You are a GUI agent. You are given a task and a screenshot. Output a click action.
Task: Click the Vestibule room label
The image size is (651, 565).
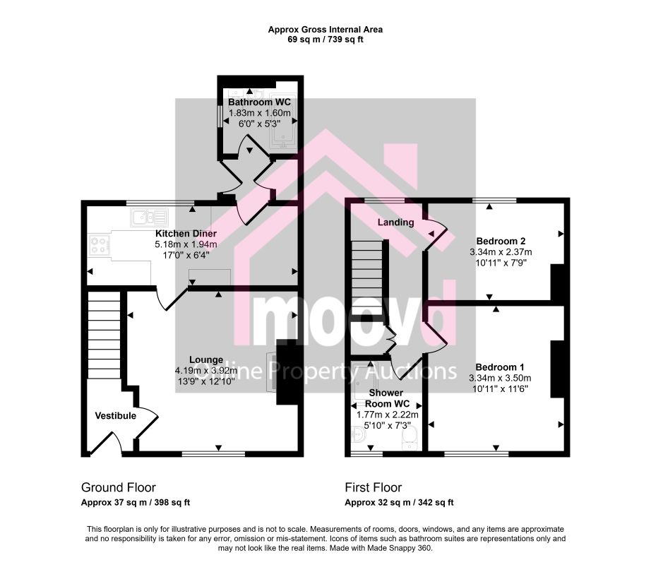pyautogui.click(x=115, y=415)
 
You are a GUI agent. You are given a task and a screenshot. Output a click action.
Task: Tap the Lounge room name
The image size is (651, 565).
pyautogui.click(x=206, y=360)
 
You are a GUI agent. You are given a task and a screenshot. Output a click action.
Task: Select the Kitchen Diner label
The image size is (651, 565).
pyautogui.click(x=186, y=234)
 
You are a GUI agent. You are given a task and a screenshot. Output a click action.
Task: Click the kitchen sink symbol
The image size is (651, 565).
pyautogui.click(x=150, y=217)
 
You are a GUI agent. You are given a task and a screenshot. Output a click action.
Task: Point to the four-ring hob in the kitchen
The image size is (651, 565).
pyautogui.click(x=100, y=244)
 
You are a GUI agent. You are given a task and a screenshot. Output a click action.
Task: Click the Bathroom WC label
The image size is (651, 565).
pyautogui.click(x=260, y=102)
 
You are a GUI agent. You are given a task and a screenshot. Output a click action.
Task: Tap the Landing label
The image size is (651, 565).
pyautogui.click(x=395, y=222)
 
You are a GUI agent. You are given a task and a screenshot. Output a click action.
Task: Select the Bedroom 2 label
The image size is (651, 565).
pyautogui.click(x=501, y=242)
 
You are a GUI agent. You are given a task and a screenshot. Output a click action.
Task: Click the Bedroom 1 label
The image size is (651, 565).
pyautogui.click(x=499, y=367)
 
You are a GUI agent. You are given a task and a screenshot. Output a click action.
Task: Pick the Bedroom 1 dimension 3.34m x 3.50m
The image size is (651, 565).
pyautogui.click(x=500, y=378)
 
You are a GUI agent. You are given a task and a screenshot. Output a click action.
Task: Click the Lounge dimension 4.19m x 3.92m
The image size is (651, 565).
pyautogui.click(x=206, y=371)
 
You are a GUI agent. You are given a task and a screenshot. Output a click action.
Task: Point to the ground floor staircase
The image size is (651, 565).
pyautogui.click(x=104, y=335)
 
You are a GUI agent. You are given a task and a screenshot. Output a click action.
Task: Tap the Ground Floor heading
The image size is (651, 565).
pyautogui.click(x=119, y=487)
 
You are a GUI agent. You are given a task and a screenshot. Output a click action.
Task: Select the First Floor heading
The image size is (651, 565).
pyautogui.click(x=374, y=487)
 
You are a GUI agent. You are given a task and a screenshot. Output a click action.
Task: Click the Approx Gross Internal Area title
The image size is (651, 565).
pyautogui.click(x=325, y=30)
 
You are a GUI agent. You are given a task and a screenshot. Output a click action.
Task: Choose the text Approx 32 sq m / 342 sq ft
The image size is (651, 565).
pyautogui.click(x=399, y=503)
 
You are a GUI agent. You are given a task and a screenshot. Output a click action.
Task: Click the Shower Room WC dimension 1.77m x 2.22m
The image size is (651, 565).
pyautogui.click(x=388, y=415)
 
